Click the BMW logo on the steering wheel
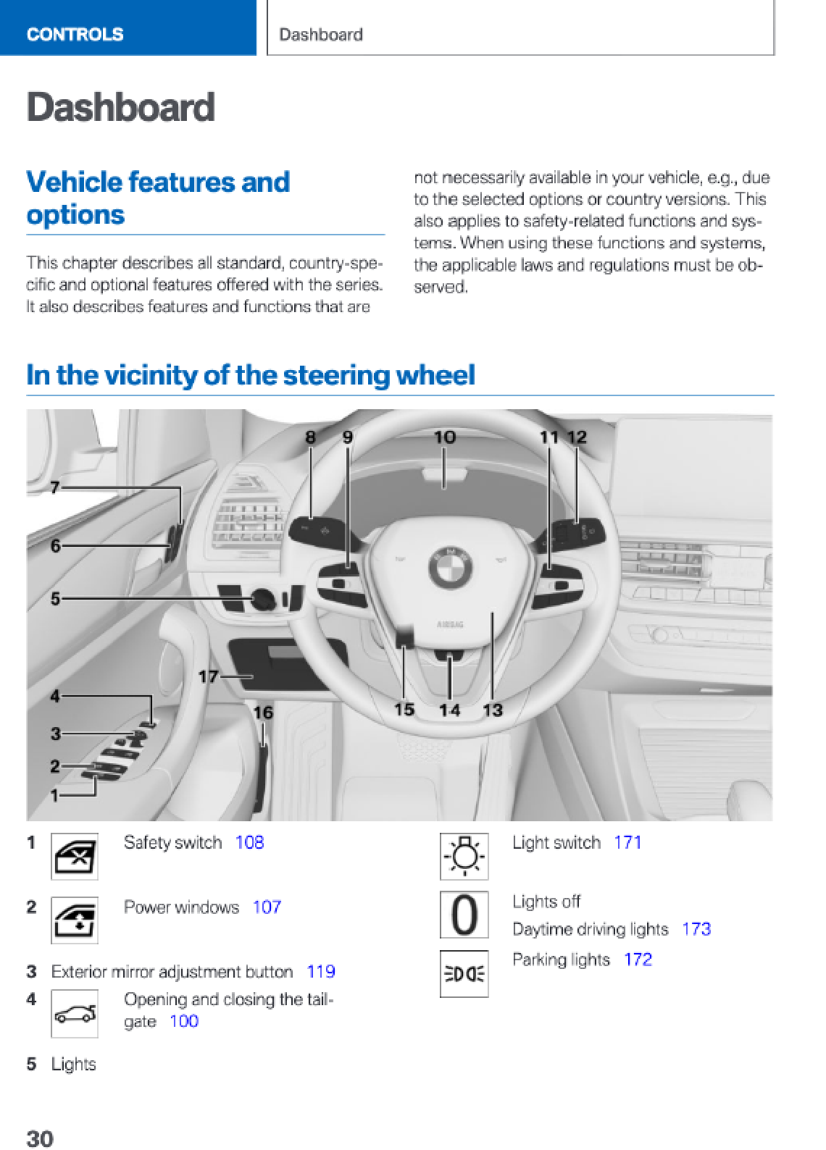(451, 566)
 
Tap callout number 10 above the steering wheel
(444, 437)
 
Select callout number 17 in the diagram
(208, 676)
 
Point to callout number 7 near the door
(55, 487)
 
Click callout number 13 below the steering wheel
(493, 710)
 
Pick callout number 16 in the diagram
(263, 713)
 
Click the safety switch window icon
(75, 857)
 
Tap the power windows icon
(75, 920)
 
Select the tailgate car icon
(75, 1014)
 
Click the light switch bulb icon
(464, 856)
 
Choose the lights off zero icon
(464, 915)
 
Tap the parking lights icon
(464, 973)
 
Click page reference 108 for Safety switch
(249, 842)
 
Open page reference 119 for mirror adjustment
(320, 971)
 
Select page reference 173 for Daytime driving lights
(696, 928)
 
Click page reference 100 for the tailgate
(184, 1021)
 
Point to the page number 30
(40, 1138)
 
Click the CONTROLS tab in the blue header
(75, 34)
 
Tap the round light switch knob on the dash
(262, 600)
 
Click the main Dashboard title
(121, 107)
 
